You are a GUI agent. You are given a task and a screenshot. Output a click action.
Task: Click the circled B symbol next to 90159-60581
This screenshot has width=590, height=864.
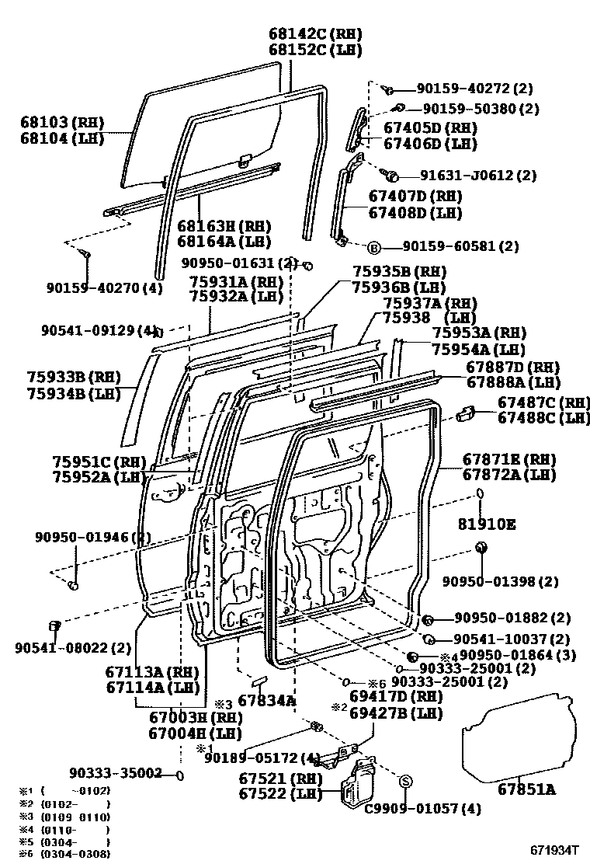[373, 248]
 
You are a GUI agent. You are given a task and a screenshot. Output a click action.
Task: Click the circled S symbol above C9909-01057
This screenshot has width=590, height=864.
[404, 781]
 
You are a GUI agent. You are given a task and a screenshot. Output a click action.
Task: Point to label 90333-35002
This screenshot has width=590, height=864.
[115, 773]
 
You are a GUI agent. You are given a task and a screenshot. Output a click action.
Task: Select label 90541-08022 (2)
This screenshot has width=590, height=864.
[73, 647]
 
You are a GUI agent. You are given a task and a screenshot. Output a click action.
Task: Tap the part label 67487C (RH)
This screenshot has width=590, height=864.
[543, 402]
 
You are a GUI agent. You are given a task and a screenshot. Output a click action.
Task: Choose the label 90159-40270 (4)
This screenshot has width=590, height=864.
[104, 287]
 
